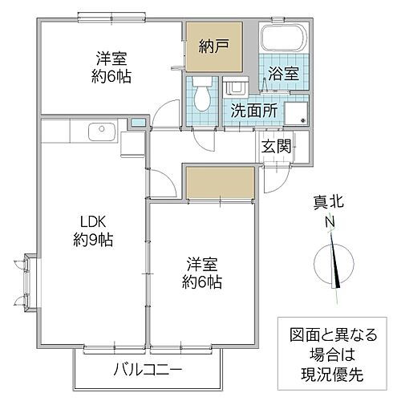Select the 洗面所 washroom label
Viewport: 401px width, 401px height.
coord(254,111)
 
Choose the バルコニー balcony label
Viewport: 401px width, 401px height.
coord(147,370)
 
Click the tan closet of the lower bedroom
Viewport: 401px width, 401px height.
coord(220,183)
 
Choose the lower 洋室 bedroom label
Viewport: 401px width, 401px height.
coord(201,264)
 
